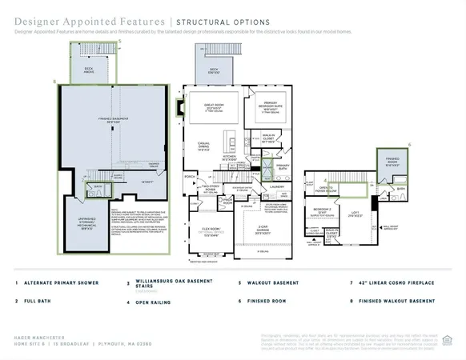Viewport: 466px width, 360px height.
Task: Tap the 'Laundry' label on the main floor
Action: coord(278,186)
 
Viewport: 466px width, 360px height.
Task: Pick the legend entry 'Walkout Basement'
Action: coord(271,283)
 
